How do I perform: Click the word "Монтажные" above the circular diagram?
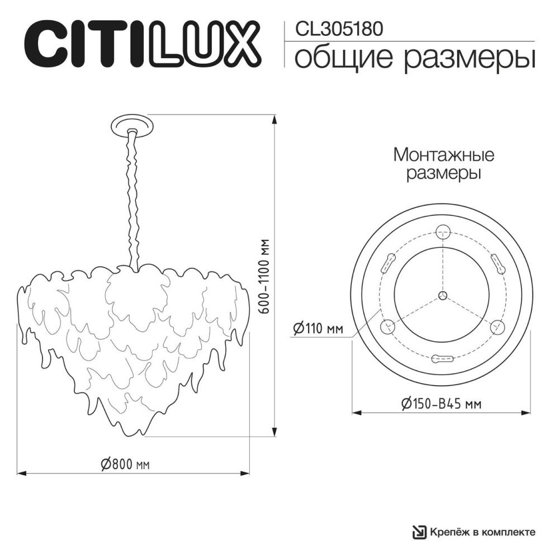tap(443, 154)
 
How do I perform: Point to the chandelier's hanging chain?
tap(134, 196)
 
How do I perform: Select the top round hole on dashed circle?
tap(443, 229)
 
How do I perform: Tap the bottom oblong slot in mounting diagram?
tap(443, 359)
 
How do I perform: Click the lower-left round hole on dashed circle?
tap(386, 327)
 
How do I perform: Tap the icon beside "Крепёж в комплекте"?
tap(418, 532)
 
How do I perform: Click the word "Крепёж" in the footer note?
tap(447, 532)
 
